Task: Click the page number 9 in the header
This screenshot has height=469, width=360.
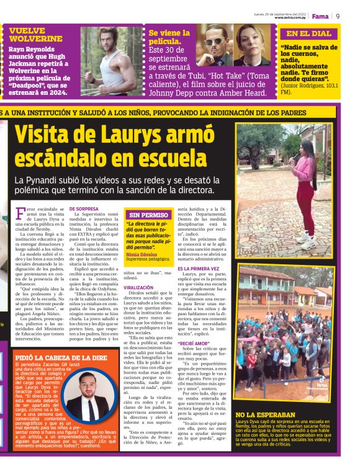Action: click(x=338, y=16)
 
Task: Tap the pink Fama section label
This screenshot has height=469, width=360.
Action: click(x=320, y=16)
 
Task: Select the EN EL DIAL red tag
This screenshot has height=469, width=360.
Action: click(x=308, y=33)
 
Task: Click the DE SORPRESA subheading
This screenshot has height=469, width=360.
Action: click(x=84, y=209)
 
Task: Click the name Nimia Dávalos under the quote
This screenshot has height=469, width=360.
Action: click(x=141, y=254)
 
